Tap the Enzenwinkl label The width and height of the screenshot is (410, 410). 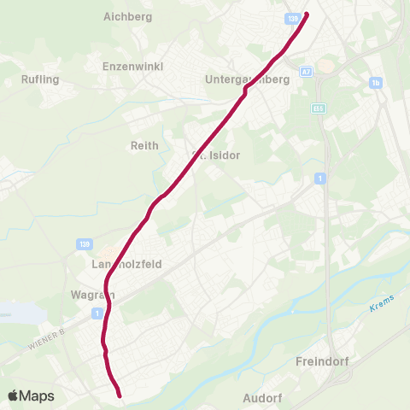point(132,66)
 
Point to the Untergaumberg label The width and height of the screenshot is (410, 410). point(249,79)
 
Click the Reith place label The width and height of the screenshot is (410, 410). point(144,145)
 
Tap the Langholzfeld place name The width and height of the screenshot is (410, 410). point(126,265)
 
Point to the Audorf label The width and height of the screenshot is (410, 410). point(262,398)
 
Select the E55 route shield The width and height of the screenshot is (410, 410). point(318,108)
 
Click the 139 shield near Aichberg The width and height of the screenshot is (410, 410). point(293,18)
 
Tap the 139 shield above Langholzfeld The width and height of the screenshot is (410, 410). point(85,244)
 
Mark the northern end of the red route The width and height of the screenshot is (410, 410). point(306,14)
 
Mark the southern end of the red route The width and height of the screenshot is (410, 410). point(120,395)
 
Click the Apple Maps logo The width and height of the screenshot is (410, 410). point(31,395)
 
